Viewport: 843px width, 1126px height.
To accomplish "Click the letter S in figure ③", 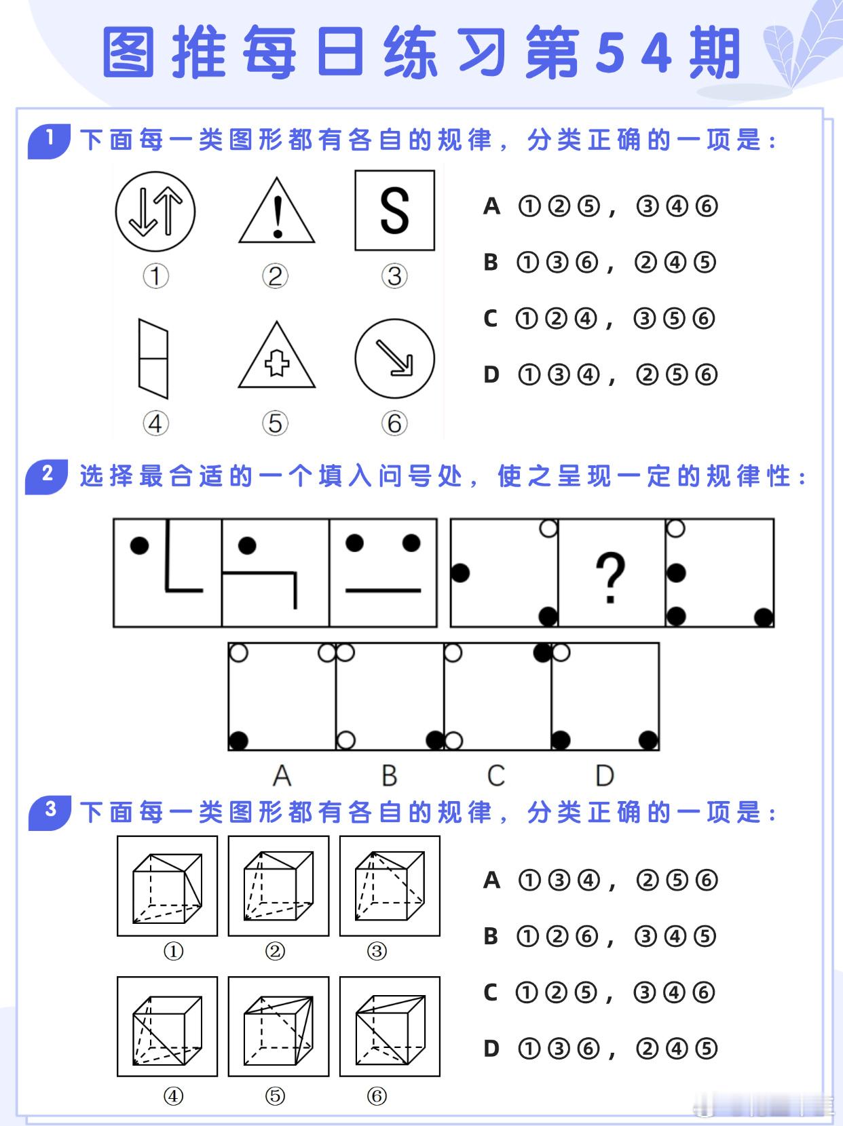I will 394,210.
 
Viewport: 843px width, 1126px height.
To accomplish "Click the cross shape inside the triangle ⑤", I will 276,364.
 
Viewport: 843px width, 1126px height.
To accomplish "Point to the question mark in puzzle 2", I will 610,577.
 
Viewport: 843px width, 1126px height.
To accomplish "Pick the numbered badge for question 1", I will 49,140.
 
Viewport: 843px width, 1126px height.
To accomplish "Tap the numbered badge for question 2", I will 47,475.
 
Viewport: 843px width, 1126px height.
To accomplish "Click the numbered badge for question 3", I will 50,811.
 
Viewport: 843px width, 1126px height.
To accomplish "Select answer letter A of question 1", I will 491,206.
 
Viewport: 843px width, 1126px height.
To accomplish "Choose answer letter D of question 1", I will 491,374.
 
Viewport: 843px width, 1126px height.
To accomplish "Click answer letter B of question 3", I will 491,937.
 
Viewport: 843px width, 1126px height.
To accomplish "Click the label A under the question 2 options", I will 282,775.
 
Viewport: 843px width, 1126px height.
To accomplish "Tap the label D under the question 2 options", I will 604,775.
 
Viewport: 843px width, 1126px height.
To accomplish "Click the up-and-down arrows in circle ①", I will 155,211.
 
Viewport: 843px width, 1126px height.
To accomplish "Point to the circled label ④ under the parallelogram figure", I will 155,423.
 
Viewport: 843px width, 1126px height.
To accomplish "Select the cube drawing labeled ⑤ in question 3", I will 278,1026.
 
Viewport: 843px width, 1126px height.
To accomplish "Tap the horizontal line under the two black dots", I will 383,591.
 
